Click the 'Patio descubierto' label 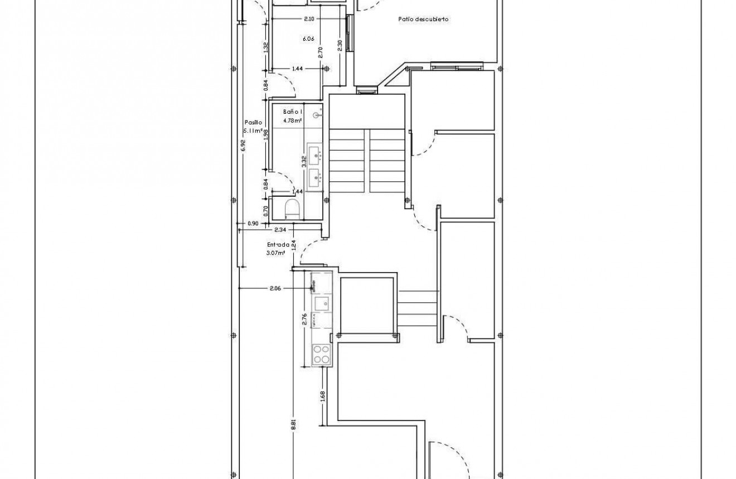tap(423, 19)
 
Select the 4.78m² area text tap(292, 120)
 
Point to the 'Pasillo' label tap(253, 122)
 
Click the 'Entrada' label tap(278, 244)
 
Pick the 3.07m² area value tap(276, 252)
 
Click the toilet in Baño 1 tap(292, 210)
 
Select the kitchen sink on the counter tap(322, 303)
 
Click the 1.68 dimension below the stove tap(323, 396)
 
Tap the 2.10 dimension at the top tap(309, 19)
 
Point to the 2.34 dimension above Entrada tap(280, 230)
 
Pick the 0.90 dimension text tap(253, 224)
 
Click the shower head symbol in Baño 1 tap(317, 115)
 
